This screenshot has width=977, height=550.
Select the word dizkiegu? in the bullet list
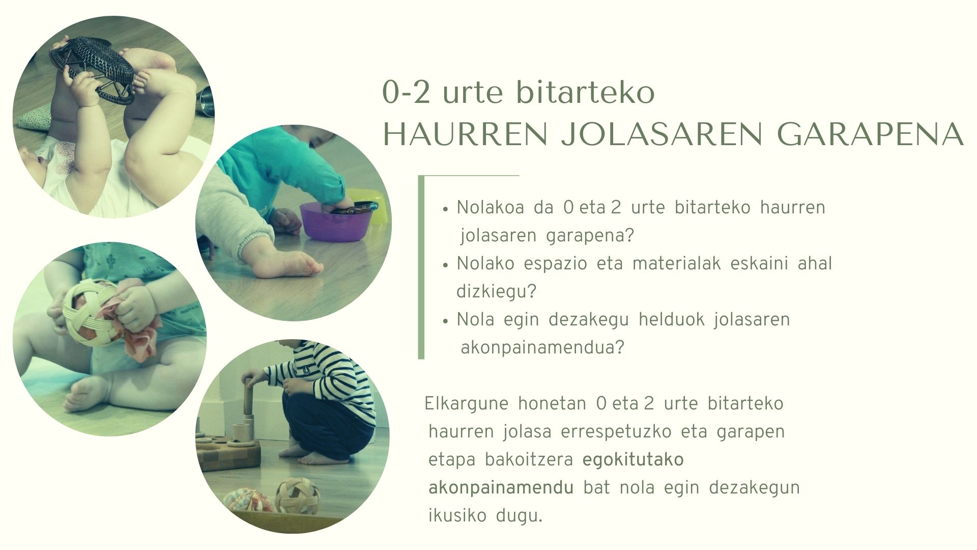pyautogui.click(x=497, y=292)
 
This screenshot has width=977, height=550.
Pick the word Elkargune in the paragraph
pyautogui.click(x=466, y=404)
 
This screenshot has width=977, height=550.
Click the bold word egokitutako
pyautogui.click(x=633, y=460)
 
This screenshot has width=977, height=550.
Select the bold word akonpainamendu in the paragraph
pyautogui.click(x=501, y=488)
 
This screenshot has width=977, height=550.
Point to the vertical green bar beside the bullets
pyautogui.click(x=421, y=267)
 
